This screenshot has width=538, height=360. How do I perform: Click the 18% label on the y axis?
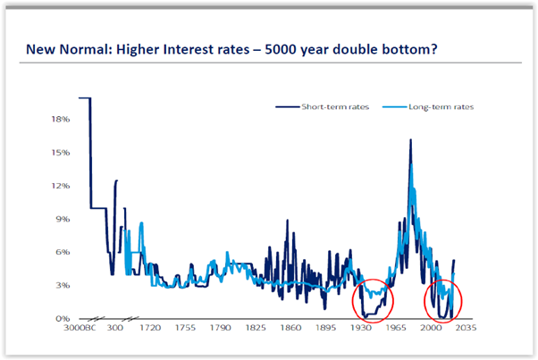point(61,119)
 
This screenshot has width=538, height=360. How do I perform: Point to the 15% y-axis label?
point(61,152)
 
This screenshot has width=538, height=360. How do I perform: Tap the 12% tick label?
point(61,186)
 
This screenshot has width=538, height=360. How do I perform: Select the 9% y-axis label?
point(63,219)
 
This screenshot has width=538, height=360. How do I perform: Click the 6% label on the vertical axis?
point(63,252)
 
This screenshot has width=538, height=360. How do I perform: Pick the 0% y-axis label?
point(63,319)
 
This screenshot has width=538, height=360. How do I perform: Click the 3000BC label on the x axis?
point(80,328)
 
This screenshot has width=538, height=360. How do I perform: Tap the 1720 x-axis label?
point(150,328)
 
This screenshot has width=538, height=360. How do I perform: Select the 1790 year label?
point(220,328)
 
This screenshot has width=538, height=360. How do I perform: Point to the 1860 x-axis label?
point(290,328)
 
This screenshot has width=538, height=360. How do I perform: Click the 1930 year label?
point(361,328)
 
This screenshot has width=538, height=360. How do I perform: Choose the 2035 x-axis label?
point(466,328)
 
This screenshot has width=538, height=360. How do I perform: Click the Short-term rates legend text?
point(335,107)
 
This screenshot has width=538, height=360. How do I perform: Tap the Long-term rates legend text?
point(441,107)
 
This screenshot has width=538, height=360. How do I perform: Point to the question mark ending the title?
point(434,49)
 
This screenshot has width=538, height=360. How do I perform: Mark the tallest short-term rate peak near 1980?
point(410,139)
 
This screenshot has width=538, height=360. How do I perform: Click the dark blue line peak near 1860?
point(288,220)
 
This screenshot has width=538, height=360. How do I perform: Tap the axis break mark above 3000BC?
point(96,319)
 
